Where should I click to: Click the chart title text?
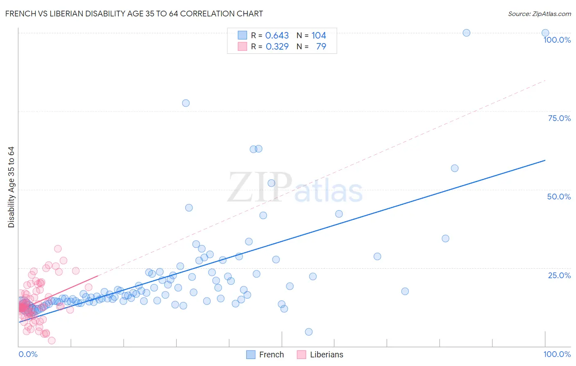(134, 14)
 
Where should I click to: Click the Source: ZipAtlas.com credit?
(539, 14)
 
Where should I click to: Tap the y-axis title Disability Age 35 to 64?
(11, 187)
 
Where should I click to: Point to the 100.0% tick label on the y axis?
(557, 40)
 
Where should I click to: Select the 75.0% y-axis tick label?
(559, 118)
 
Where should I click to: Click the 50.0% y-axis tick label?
(559, 197)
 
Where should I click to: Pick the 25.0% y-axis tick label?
(559, 275)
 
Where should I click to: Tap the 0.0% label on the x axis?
(28, 354)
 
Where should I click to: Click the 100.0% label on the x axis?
(557, 354)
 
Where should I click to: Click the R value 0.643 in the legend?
(277, 35)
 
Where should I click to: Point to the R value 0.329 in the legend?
(277, 46)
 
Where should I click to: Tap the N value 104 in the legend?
(318, 35)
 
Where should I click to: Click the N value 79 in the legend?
(321, 46)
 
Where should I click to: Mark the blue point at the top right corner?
(545, 33)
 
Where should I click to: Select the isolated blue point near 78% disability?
(186, 103)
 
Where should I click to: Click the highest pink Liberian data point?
(58, 249)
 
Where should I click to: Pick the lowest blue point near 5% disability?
(309, 332)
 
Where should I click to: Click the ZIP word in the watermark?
(260, 188)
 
